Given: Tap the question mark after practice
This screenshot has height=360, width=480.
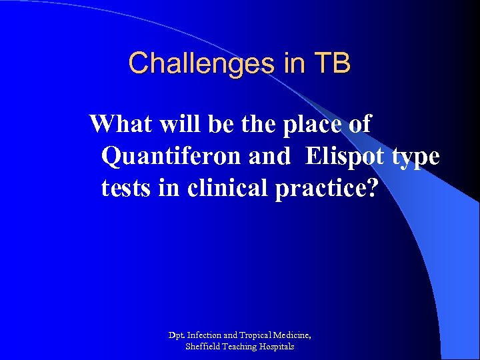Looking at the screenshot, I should click(x=371, y=189).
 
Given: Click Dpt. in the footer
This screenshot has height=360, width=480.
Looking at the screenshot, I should click(x=177, y=334).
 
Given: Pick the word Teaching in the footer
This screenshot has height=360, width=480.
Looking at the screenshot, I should click(x=241, y=347).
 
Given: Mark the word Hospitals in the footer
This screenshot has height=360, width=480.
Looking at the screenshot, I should click(x=277, y=347).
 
